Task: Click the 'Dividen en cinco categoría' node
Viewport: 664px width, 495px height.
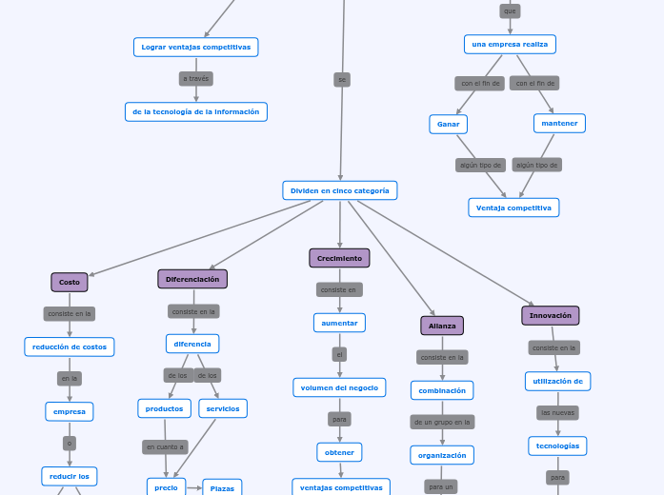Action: (339, 190)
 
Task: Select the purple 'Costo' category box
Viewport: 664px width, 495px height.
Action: (70, 282)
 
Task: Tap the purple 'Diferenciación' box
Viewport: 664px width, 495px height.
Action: (192, 279)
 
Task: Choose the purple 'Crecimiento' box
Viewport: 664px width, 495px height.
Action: (339, 258)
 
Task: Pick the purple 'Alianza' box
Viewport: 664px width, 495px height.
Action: (442, 326)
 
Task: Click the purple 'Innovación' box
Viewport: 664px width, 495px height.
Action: (551, 315)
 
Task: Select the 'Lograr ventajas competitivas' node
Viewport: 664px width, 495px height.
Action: (196, 47)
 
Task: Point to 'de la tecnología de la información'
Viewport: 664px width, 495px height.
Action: (196, 111)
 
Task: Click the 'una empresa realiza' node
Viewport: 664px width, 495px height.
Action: (510, 44)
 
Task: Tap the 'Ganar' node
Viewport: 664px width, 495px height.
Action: (448, 124)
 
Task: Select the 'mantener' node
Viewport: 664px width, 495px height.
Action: (559, 123)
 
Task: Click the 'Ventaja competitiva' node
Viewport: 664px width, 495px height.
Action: (513, 208)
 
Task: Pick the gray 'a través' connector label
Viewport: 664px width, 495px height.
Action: (196, 79)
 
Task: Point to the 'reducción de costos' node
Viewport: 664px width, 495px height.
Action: (70, 346)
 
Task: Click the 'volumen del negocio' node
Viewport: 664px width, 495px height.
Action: (339, 387)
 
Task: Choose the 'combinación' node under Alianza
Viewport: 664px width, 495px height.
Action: (442, 390)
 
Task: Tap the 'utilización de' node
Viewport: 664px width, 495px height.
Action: (557, 381)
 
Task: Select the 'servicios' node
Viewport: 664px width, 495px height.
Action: (223, 408)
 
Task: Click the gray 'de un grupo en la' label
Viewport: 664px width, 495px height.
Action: (442, 422)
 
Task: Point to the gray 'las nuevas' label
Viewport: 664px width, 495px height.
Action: (557, 413)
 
